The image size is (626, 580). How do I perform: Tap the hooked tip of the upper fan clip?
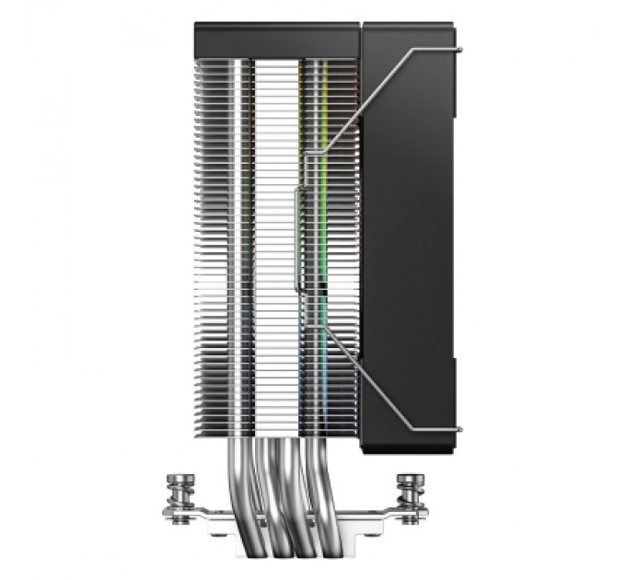tap(457, 46)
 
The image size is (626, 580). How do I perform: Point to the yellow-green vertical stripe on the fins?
tap(322, 184)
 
